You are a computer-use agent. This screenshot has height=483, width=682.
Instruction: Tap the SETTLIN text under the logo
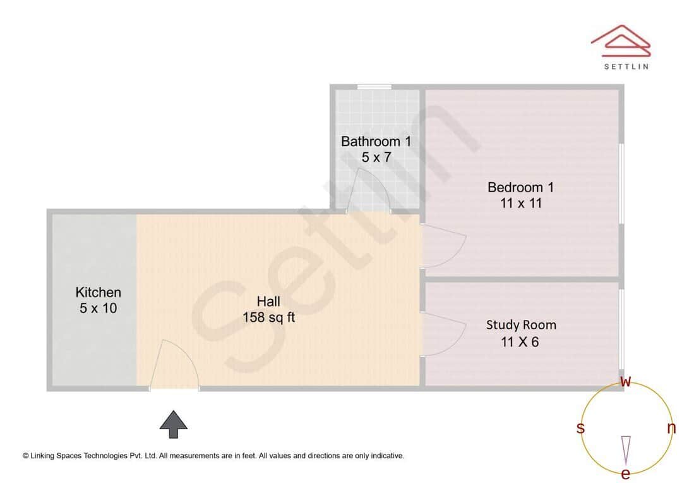[626, 66]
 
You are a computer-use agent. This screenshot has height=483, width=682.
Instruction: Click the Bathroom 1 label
[376, 141]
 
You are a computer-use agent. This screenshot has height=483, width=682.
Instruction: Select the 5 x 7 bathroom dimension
[376, 157]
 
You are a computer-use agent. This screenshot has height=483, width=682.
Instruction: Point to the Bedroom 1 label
[520, 187]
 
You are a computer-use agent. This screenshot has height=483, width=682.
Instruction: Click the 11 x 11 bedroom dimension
[520, 204]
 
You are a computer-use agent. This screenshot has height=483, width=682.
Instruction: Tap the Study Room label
[521, 325]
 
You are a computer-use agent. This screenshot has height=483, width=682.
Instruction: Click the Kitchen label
[98, 292]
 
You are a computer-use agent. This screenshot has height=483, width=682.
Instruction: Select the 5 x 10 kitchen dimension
[98, 309]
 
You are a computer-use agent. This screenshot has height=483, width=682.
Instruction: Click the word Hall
[268, 301]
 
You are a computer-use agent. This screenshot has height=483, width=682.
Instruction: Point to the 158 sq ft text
[268, 317]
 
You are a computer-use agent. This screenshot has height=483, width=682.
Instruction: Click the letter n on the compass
[671, 428]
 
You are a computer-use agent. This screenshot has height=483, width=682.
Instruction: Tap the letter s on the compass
[580, 428]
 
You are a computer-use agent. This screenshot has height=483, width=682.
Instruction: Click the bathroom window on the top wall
[374, 87]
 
